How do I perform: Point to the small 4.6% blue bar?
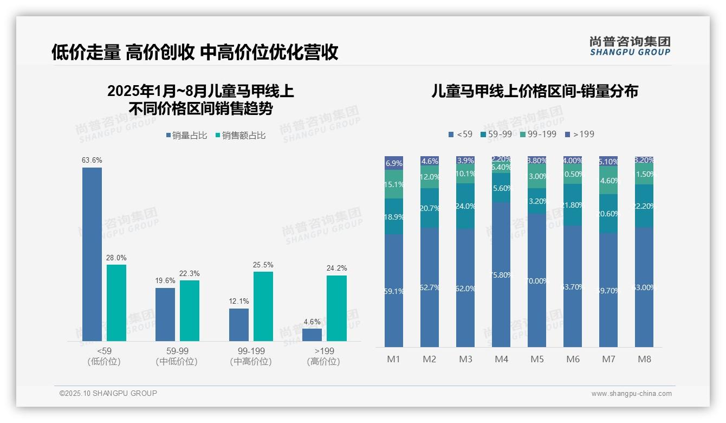(x=312, y=335)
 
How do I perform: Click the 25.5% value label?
(x=263, y=265)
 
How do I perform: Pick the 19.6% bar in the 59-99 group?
(x=165, y=315)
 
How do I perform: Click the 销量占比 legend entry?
(x=186, y=136)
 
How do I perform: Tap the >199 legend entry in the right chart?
(x=580, y=134)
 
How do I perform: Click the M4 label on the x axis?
(x=501, y=359)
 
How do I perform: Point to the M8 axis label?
(x=644, y=359)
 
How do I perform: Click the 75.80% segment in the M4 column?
(x=501, y=274)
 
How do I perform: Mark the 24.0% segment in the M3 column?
(x=465, y=206)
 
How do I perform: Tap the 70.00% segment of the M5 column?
(x=537, y=280)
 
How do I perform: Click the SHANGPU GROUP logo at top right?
(x=630, y=46)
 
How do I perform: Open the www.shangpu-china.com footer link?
(x=631, y=394)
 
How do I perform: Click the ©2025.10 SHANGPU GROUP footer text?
(x=108, y=393)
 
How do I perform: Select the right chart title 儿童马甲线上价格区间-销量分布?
(x=534, y=91)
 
